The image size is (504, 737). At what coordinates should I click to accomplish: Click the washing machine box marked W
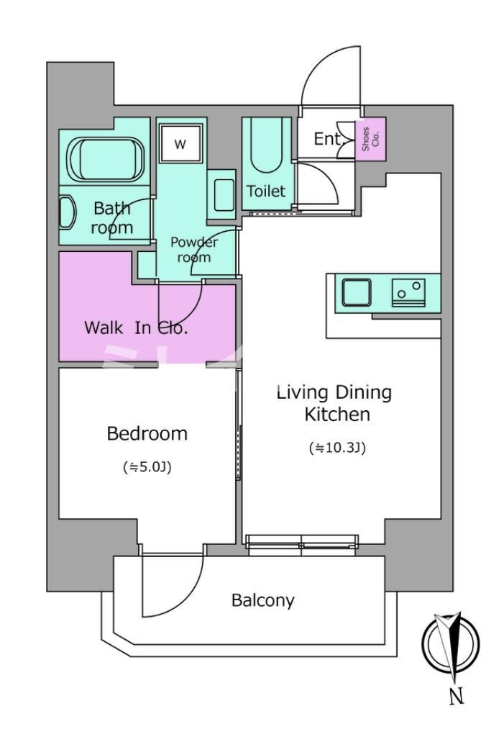click(x=180, y=143)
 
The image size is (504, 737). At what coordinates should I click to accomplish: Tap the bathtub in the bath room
click(x=105, y=160)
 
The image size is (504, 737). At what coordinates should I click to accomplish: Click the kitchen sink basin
click(x=357, y=292)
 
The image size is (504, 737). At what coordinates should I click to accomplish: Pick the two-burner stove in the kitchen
click(x=408, y=292)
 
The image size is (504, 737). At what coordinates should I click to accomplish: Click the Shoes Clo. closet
click(x=370, y=139)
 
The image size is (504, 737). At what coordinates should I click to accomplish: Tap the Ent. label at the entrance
click(x=327, y=139)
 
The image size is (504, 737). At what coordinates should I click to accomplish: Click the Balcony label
click(x=263, y=600)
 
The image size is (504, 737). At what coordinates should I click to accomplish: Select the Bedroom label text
click(x=147, y=433)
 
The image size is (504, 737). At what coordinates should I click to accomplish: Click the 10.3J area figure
click(x=337, y=448)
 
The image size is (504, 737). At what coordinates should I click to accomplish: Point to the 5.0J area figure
click(x=147, y=467)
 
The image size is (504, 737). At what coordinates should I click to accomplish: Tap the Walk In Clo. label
click(x=136, y=327)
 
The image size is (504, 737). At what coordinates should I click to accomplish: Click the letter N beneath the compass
click(x=456, y=696)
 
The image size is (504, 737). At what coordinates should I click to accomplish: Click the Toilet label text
click(x=266, y=191)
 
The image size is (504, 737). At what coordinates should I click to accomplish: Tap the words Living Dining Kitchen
click(x=334, y=403)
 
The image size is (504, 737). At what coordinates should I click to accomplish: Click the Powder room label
click(x=194, y=250)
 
